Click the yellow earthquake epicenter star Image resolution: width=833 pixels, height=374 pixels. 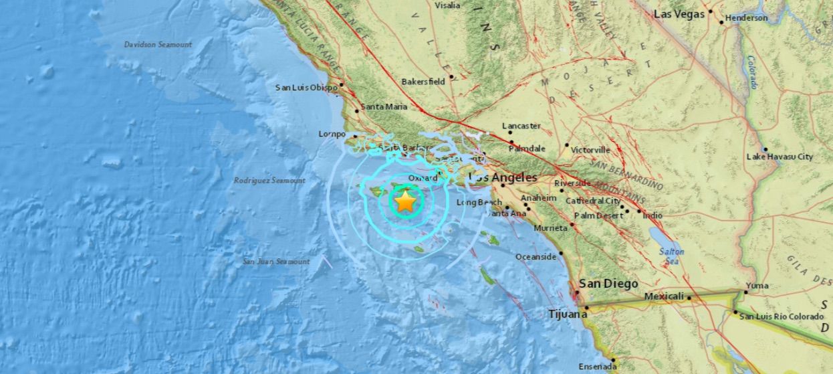[405, 201]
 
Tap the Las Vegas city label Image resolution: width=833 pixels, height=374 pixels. [679, 13]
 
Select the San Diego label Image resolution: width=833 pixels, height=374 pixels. [608, 283]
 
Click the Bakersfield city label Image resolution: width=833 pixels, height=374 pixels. [423, 82]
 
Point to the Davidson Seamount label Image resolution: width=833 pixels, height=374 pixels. [158, 44]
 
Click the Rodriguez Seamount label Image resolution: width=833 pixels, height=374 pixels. [269, 181]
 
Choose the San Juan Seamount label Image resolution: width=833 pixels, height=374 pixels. [276, 262]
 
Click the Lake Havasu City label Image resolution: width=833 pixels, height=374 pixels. [780, 157]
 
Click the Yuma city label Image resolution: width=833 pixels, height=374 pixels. [757, 286]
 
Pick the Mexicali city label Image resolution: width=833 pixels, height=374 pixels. [664, 296]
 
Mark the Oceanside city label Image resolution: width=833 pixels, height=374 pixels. [535, 257]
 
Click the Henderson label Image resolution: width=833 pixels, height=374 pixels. [746, 18]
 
